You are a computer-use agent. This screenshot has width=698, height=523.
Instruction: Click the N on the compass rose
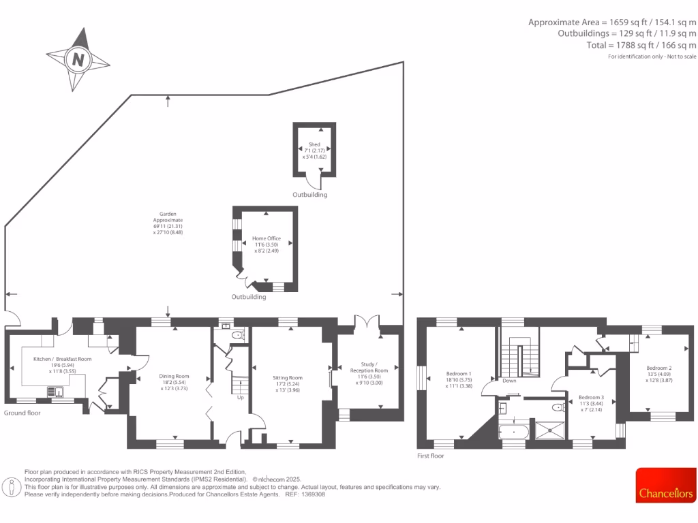(x=78, y=60)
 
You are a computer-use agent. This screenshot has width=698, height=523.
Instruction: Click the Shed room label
(x=314, y=144)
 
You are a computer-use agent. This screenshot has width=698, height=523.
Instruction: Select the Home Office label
(x=267, y=239)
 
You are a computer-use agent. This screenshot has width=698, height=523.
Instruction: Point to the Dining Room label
(x=174, y=376)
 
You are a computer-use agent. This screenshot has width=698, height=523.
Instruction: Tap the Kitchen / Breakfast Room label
(x=63, y=359)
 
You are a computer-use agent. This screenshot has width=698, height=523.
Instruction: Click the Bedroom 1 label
(x=459, y=374)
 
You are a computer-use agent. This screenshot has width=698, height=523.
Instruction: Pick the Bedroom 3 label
(x=591, y=397)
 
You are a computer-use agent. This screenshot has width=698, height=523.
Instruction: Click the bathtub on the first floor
(x=512, y=431)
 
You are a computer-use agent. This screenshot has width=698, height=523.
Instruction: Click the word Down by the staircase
(x=509, y=381)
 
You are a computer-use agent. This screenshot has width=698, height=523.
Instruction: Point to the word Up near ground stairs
(x=240, y=398)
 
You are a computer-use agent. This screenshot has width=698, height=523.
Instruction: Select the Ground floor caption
(x=22, y=413)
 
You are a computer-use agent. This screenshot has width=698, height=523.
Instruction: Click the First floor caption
(x=430, y=456)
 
